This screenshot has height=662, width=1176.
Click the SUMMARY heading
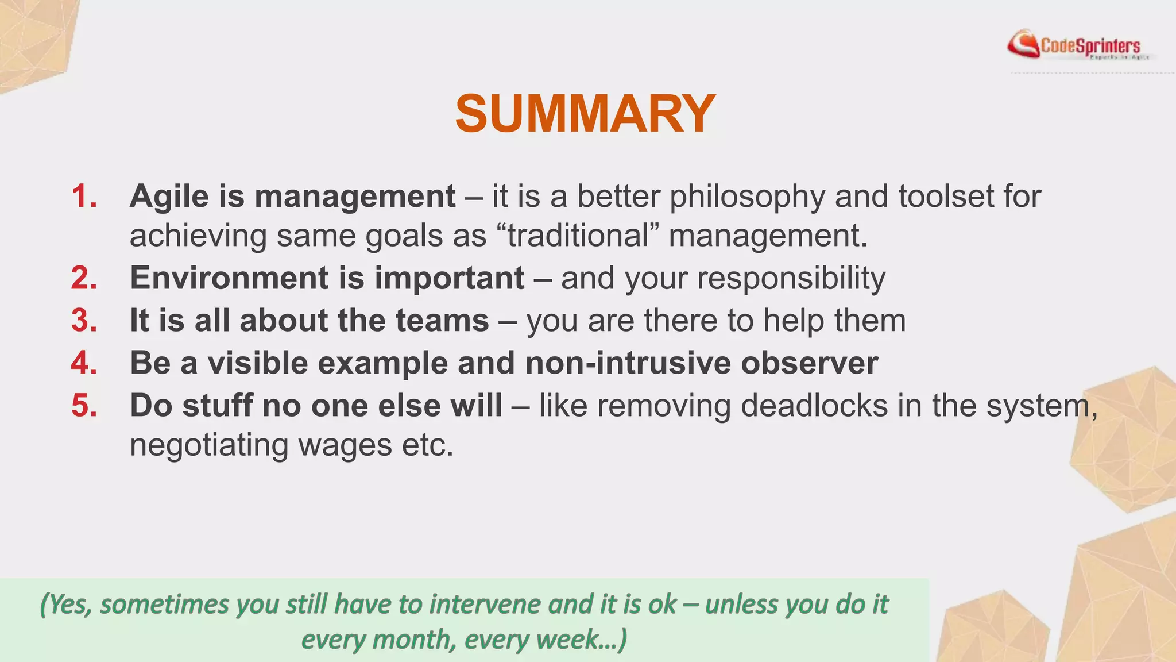click(585, 114)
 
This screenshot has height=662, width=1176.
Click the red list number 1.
click(84, 196)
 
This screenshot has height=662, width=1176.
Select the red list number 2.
click(84, 278)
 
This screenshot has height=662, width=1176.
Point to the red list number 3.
click(84, 321)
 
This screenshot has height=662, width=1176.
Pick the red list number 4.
click(84, 363)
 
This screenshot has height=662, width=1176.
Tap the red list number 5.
click(84, 406)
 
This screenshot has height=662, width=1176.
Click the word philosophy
click(747, 197)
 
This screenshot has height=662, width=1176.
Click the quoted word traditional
click(578, 236)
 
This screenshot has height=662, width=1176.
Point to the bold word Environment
click(229, 278)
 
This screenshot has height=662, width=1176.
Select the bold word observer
click(809, 363)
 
